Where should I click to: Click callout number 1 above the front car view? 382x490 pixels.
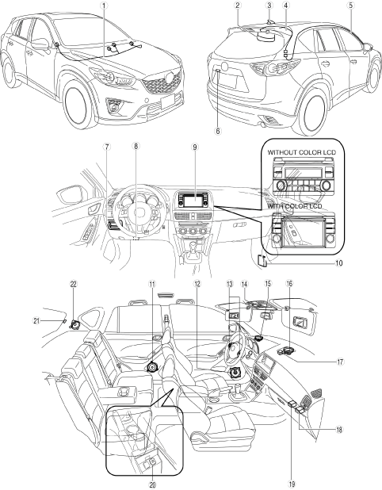[x=104, y=6]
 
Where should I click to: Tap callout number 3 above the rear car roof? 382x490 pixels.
[x=269, y=5]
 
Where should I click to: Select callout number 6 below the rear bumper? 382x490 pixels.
[x=218, y=132]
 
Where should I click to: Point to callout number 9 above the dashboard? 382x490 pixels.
[x=195, y=147]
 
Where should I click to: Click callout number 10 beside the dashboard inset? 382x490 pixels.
[x=339, y=263]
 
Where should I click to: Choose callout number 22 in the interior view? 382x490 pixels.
[x=74, y=284]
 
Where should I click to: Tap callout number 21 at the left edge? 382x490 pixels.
[x=37, y=320]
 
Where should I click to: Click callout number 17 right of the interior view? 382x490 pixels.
[x=340, y=362]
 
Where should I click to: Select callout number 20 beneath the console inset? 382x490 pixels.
[x=152, y=484]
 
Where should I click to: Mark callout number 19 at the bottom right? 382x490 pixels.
[x=292, y=484]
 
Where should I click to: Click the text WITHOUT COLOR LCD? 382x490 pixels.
[x=302, y=152]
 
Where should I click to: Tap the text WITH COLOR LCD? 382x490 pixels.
[x=295, y=206]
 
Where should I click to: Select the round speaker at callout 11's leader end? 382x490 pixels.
[x=153, y=366]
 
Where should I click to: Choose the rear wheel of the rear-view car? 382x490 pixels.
[x=313, y=113]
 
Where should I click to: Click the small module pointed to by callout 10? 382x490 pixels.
[x=262, y=261]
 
